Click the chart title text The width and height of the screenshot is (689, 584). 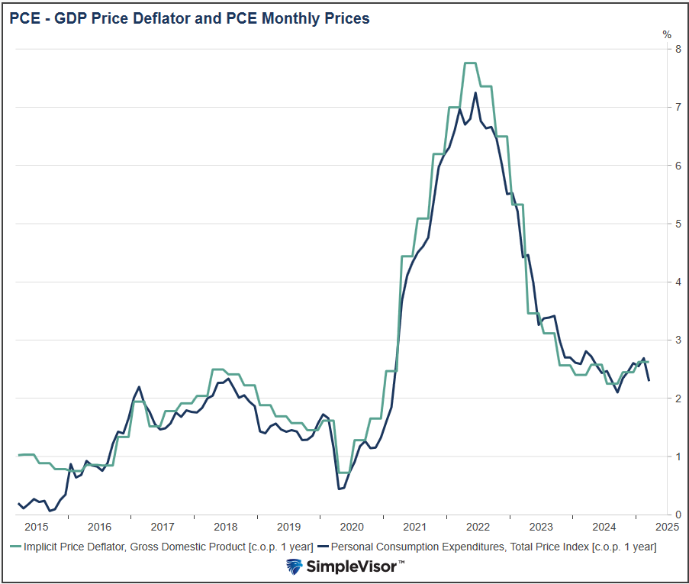point(189,18)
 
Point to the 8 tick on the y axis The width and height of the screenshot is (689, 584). point(667,49)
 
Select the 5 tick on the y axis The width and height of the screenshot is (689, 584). point(667,224)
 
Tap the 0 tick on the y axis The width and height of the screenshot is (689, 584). point(667,515)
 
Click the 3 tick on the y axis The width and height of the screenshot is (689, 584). point(667,340)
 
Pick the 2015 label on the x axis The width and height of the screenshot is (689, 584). point(36,526)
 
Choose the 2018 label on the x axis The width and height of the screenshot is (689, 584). point(226,526)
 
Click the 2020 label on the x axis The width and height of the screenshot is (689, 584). point(352,526)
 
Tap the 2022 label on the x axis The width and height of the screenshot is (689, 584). point(478,526)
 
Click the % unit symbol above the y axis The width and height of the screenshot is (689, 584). point(667,34)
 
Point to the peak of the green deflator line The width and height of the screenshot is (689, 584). point(470,63)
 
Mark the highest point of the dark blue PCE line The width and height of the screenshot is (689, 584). point(475,93)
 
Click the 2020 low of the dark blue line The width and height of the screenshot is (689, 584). point(339,489)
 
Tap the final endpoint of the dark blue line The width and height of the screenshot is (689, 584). point(649,380)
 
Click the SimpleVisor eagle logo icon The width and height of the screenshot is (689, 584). point(295,566)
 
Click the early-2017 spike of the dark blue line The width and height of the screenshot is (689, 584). point(139,387)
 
